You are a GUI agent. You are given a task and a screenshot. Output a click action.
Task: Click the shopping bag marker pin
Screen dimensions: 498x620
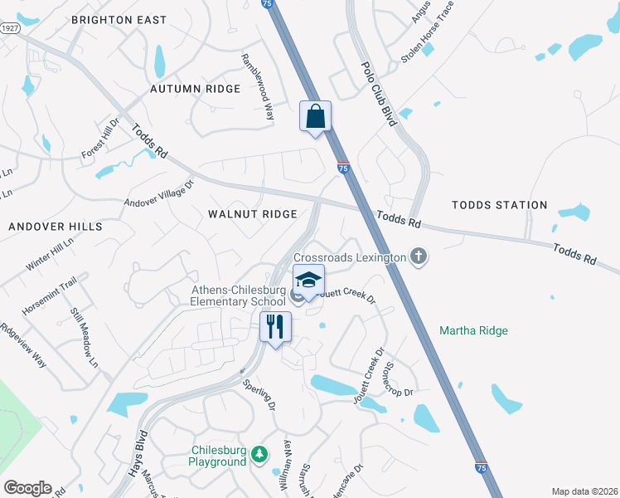(x=315, y=117)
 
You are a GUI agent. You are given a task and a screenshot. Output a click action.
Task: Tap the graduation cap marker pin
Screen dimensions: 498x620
(x=308, y=281)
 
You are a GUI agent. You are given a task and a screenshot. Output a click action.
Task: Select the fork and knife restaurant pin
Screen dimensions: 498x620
(x=275, y=326)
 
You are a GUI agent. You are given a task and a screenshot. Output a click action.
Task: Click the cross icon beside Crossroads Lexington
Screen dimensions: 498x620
(x=419, y=256)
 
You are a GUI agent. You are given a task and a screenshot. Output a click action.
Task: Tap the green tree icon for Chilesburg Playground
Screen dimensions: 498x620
(x=259, y=454)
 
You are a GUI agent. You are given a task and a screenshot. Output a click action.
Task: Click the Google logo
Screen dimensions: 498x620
(x=27, y=488)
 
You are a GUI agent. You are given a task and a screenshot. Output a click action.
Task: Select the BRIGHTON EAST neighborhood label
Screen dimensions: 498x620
(x=130, y=19)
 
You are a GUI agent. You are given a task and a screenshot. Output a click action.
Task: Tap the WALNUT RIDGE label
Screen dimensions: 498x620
(x=252, y=214)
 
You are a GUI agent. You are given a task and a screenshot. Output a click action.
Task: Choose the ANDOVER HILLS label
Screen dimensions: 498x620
(x=56, y=226)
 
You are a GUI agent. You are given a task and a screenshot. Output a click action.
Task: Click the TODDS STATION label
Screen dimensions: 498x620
(x=499, y=204)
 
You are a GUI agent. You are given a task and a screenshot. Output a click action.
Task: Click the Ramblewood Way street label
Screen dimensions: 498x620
(x=257, y=87)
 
